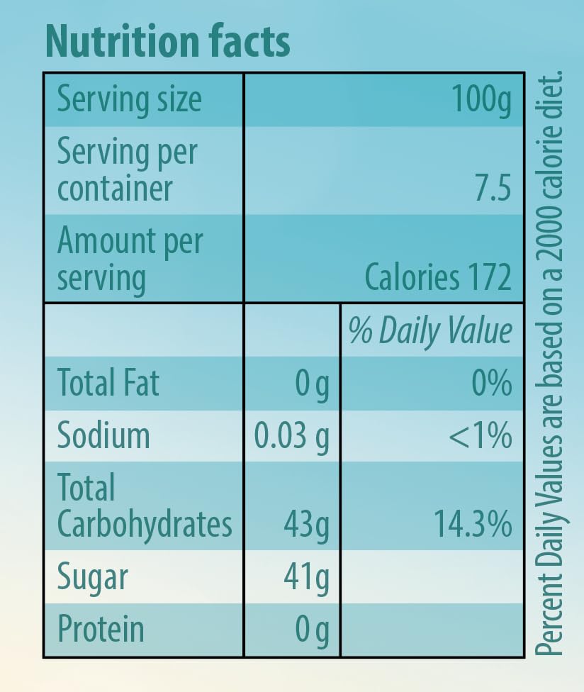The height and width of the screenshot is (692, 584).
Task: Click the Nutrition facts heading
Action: point(167,43)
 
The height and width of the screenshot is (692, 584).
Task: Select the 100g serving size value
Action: point(483,100)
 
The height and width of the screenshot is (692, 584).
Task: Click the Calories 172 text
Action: point(437,277)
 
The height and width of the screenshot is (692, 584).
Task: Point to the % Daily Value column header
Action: point(430,331)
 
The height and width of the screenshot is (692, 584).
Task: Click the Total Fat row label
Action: point(108,383)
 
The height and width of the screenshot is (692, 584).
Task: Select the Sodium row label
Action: point(103,435)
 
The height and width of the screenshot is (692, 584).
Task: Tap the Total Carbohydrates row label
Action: point(144,507)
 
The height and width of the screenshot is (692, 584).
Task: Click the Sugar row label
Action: point(93,577)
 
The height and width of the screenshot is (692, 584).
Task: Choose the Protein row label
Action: point(101,629)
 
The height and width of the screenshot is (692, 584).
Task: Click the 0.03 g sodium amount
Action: point(292,436)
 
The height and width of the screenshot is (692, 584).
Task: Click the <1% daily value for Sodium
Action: point(480,435)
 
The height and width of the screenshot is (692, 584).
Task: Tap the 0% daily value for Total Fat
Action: point(491,384)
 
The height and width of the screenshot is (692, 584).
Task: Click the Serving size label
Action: point(129,99)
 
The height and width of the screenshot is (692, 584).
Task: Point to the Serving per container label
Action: point(126,170)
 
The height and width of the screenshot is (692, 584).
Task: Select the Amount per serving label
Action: point(129,259)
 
